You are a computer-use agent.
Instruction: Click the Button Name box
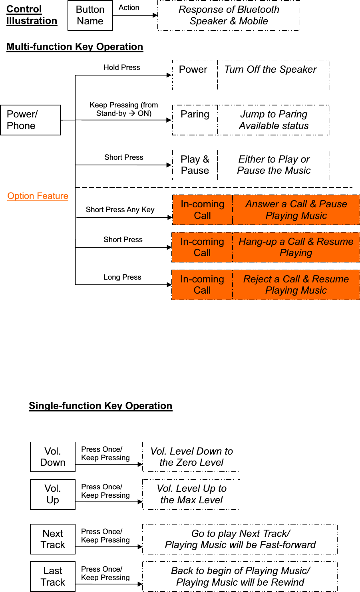click(90, 16)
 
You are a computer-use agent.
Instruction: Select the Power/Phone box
click(30, 120)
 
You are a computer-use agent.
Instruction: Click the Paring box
click(195, 120)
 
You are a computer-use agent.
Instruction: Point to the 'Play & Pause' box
click(195, 165)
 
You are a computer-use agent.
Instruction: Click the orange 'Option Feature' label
click(38, 196)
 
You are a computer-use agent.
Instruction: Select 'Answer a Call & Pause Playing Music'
click(296, 210)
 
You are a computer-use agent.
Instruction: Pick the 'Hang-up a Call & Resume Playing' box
click(296, 247)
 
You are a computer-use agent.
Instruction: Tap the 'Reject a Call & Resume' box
click(296, 285)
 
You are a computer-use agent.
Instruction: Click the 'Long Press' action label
click(122, 277)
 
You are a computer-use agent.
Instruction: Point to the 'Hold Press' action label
click(122, 68)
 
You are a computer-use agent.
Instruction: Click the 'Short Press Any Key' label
click(120, 210)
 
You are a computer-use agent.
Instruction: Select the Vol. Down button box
click(53, 457)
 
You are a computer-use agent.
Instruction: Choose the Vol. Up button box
click(53, 494)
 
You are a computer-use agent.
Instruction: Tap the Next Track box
click(53, 539)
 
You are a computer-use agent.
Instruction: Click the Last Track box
click(53, 576)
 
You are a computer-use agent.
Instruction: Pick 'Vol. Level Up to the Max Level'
click(191, 494)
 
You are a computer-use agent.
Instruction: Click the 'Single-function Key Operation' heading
click(100, 406)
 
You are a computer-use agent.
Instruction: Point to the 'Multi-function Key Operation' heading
click(75, 47)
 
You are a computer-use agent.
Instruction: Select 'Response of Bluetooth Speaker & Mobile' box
click(229, 16)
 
